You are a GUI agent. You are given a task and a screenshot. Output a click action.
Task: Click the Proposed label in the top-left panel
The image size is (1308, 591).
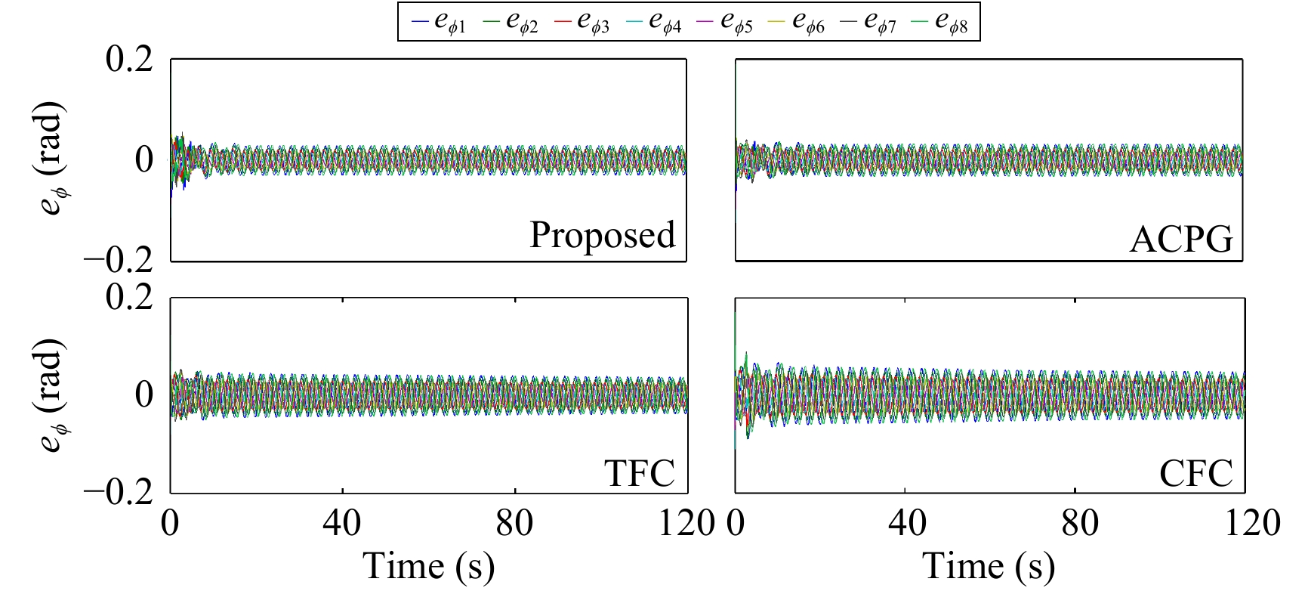[602, 235]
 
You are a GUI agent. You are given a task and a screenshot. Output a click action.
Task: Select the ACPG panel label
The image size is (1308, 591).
[1180, 240]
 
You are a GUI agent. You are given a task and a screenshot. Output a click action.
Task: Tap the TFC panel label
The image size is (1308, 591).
[639, 474]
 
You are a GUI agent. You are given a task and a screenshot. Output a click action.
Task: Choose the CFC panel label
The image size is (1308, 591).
[1195, 474]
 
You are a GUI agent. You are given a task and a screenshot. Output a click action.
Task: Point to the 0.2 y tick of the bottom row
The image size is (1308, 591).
[129, 297]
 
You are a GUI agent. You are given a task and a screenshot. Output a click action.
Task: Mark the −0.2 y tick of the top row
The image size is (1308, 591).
[119, 261]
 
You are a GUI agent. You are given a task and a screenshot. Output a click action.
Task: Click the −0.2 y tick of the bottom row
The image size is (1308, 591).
[119, 493]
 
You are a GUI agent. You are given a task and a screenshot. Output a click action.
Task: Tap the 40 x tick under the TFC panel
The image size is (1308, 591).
[342, 523]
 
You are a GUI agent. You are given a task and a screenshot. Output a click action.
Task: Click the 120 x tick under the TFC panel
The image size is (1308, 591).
[686, 523]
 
